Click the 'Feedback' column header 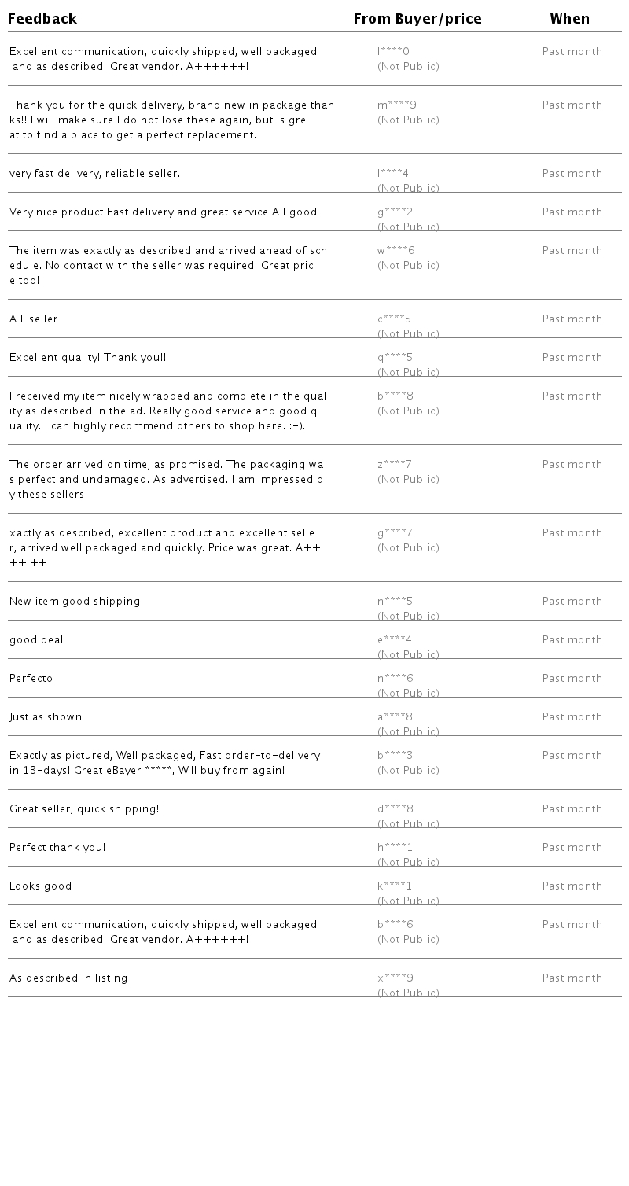pyautogui.click(x=42, y=19)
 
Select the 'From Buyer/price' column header pyautogui.click(x=417, y=19)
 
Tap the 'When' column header pyautogui.click(x=569, y=19)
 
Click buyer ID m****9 pyautogui.click(x=397, y=105)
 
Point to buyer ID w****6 pyautogui.click(x=396, y=251)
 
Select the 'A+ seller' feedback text pyautogui.click(x=34, y=319)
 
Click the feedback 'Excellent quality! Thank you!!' pyautogui.click(x=88, y=358)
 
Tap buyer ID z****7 pyautogui.click(x=395, y=465)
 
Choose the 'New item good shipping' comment pyautogui.click(x=75, y=602)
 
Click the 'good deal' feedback pyautogui.click(x=36, y=640)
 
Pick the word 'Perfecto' pyautogui.click(x=31, y=679)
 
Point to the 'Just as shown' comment pyautogui.click(x=46, y=717)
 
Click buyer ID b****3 pyautogui.click(x=395, y=756)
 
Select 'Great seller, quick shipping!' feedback pyautogui.click(x=84, y=809)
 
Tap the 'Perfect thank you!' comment pyautogui.click(x=57, y=848)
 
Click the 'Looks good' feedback pyautogui.click(x=41, y=886)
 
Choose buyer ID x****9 pyautogui.click(x=395, y=978)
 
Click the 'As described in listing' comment pyautogui.click(x=68, y=978)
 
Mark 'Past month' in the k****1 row pyautogui.click(x=572, y=886)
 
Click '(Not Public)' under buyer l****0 pyautogui.click(x=408, y=67)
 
